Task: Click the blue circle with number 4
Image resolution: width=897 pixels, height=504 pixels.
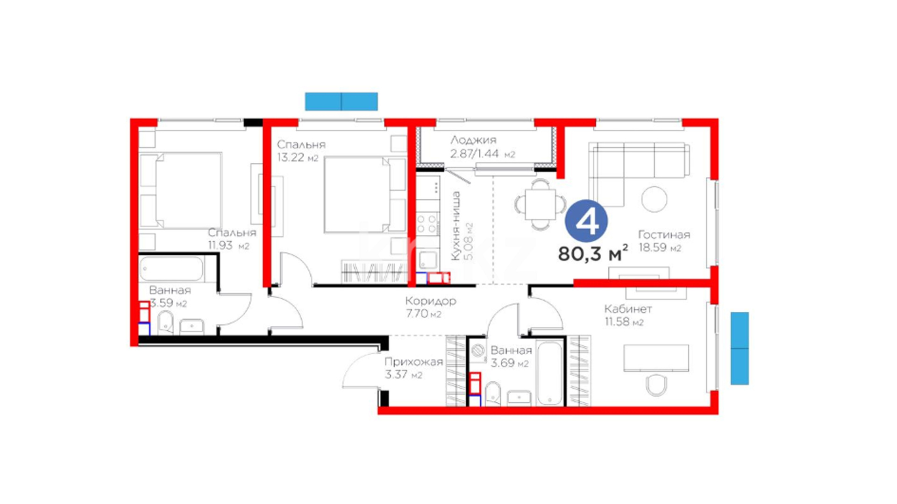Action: (x=586, y=221)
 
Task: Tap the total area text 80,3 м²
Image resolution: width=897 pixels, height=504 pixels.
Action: (x=593, y=253)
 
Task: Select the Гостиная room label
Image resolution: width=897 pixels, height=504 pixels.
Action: (x=664, y=235)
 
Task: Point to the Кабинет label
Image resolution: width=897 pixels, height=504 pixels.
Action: (x=628, y=309)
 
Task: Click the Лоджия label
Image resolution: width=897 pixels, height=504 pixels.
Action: (x=473, y=140)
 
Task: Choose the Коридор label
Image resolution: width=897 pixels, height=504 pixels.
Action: (x=431, y=301)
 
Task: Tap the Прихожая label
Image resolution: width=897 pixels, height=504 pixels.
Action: (x=413, y=362)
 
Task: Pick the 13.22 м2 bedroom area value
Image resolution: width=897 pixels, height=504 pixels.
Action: (x=298, y=157)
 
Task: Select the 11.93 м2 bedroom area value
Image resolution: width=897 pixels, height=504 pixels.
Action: (x=228, y=245)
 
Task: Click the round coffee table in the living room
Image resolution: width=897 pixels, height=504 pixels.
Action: (x=654, y=199)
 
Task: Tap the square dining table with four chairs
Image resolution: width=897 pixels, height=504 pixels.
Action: (x=541, y=204)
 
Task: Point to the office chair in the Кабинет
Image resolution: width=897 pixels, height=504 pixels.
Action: (x=656, y=385)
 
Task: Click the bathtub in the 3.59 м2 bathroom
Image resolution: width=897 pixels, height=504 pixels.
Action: (x=171, y=269)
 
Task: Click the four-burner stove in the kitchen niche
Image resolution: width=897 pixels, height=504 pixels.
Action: (x=427, y=224)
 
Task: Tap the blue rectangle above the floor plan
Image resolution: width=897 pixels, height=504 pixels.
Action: (x=341, y=102)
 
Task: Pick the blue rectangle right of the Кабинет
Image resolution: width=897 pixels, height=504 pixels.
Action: (x=740, y=349)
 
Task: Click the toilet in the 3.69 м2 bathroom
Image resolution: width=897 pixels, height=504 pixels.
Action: (x=493, y=393)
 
